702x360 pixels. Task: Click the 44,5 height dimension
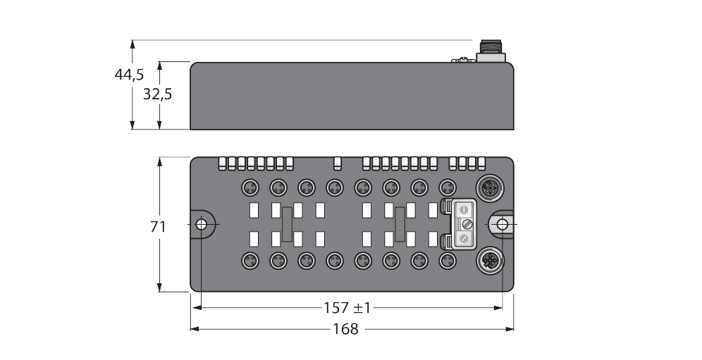[129, 75]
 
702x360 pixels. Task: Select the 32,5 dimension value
[158, 94]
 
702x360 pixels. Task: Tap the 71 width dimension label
[159, 226]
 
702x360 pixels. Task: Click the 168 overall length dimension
[345, 329]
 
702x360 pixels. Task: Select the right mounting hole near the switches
[502, 224]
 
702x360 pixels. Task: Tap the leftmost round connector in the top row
[249, 187]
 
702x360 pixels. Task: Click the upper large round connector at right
[488, 188]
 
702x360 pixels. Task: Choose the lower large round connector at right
[488, 261]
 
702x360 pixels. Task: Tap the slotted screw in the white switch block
[464, 224]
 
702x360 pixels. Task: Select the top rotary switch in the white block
[464, 209]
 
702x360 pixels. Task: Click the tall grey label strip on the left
[287, 224]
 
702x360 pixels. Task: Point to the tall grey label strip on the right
[400, 224]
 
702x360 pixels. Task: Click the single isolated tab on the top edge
[338, 163]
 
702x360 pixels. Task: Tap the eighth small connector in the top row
[445, 187]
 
